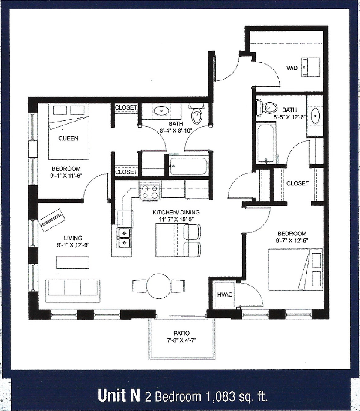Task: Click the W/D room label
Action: (292, 68)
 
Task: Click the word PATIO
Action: (181, 333)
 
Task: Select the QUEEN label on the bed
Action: (68, 138)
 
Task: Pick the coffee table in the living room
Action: (72, 262)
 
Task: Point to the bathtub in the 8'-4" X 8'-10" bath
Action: (188, 166)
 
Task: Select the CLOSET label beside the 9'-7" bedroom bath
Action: (297, 183)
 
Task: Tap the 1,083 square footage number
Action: (220, 396)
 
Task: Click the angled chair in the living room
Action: (51, 220)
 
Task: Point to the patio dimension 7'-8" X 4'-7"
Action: (181, 341)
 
